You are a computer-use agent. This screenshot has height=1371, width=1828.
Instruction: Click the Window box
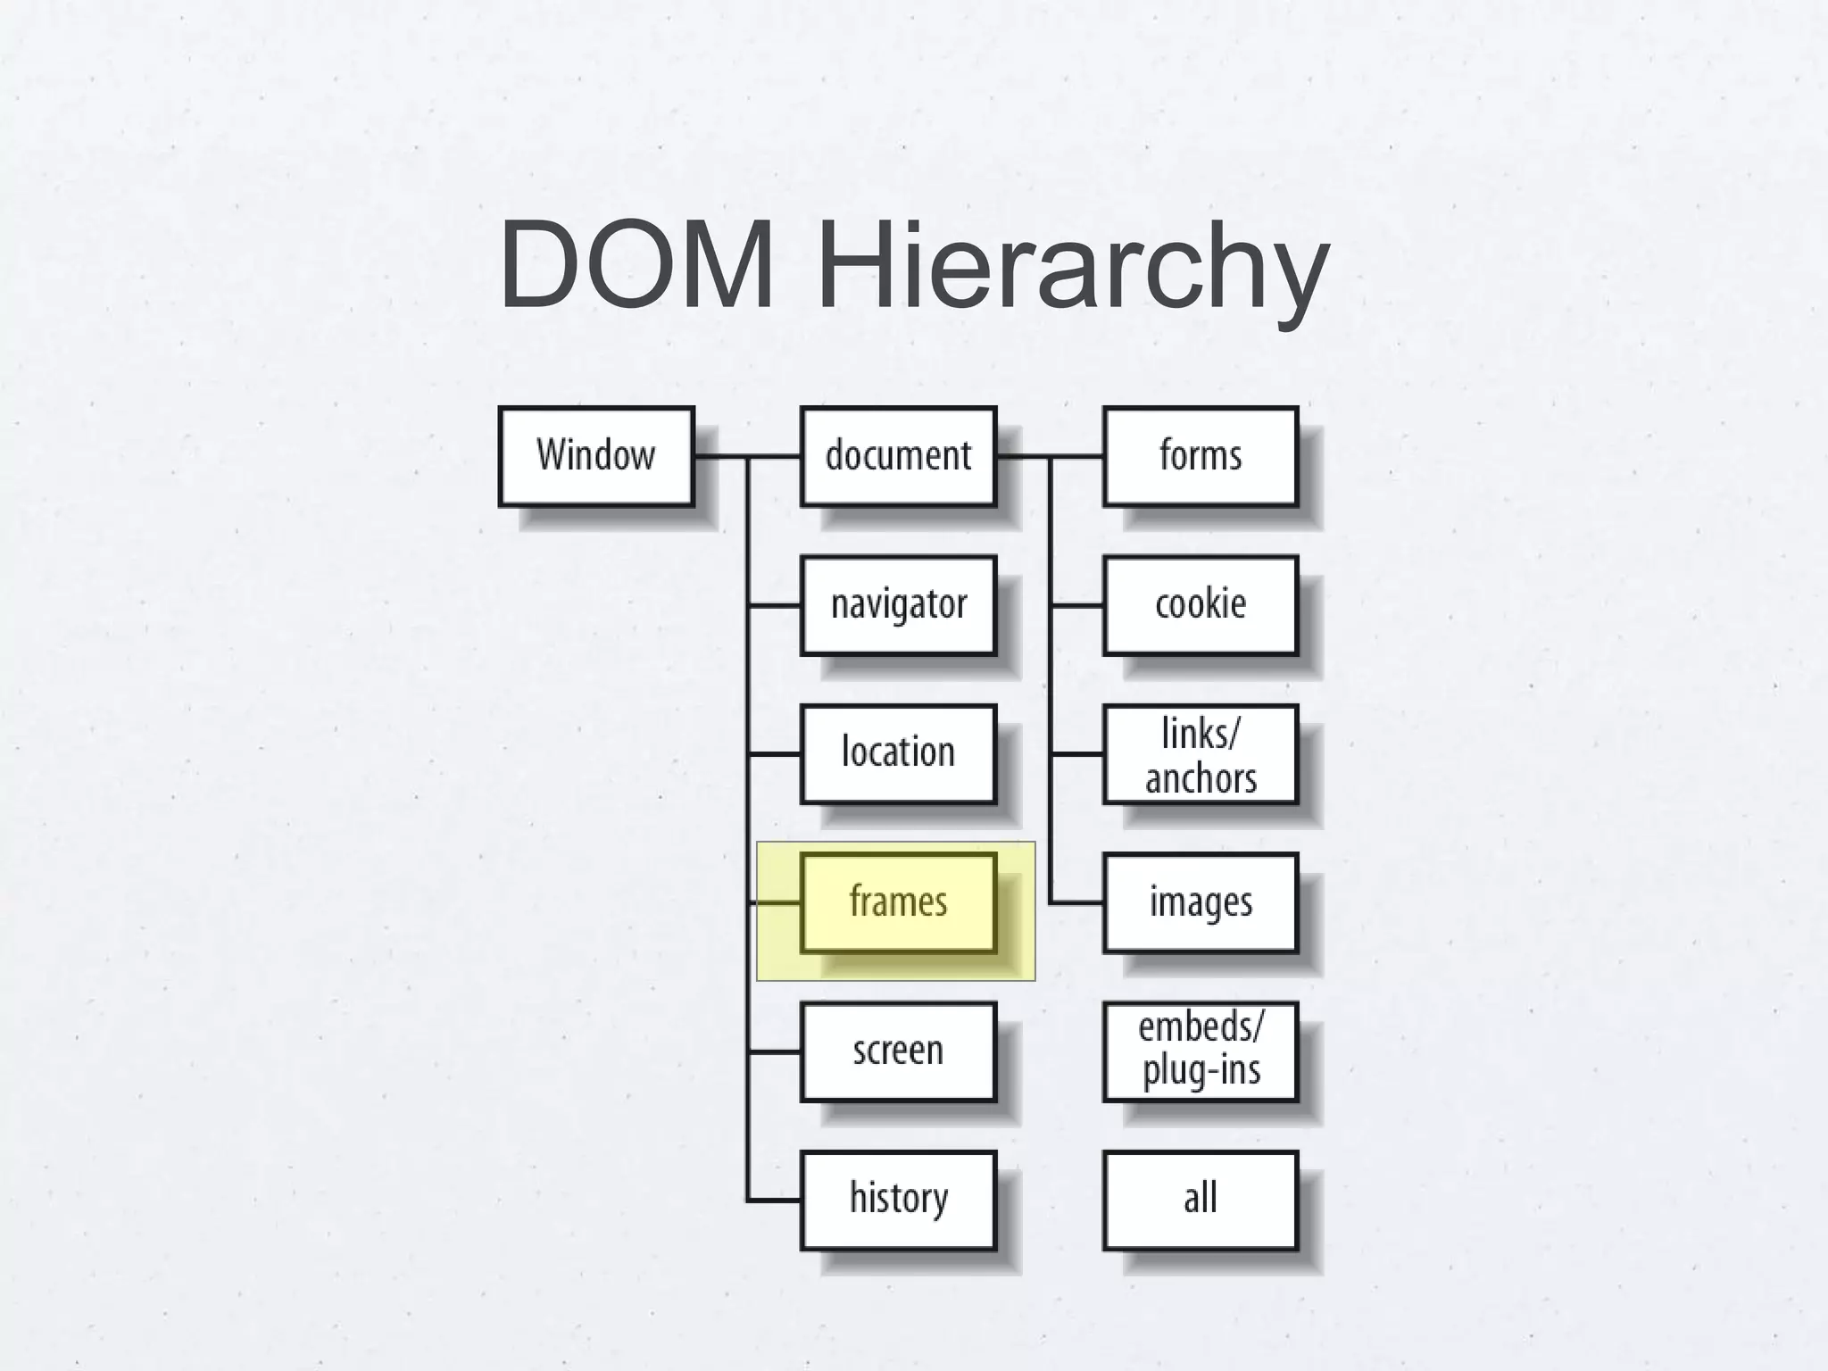(596, 456)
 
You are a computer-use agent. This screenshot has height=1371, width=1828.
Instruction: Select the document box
(898, 456)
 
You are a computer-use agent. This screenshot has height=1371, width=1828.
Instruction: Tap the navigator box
(898, 605)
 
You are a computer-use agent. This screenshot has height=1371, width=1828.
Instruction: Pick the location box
(898, 753)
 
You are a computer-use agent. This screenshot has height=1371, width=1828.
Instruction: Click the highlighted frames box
(898, 902)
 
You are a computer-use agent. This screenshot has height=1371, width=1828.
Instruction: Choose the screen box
(898, 1051)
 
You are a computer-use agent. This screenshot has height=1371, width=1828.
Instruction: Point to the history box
(898, 1200)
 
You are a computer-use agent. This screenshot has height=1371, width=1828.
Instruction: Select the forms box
(1201, 456)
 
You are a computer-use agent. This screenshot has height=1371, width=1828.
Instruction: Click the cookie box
(1201, 605)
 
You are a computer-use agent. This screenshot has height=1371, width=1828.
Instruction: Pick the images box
(1201, 902)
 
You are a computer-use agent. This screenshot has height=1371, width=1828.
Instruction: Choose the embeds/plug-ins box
(1201, 1051)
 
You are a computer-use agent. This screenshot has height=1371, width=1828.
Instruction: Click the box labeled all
(1201, 1200)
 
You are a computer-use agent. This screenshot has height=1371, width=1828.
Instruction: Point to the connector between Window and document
(748, 456)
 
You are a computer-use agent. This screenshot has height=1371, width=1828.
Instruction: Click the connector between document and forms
(1051, 456)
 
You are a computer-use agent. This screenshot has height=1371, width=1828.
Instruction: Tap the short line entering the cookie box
(1077, 605)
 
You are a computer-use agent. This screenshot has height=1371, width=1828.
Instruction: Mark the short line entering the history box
(775, 1201)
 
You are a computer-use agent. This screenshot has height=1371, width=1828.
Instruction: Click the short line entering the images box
(1077, 903)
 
